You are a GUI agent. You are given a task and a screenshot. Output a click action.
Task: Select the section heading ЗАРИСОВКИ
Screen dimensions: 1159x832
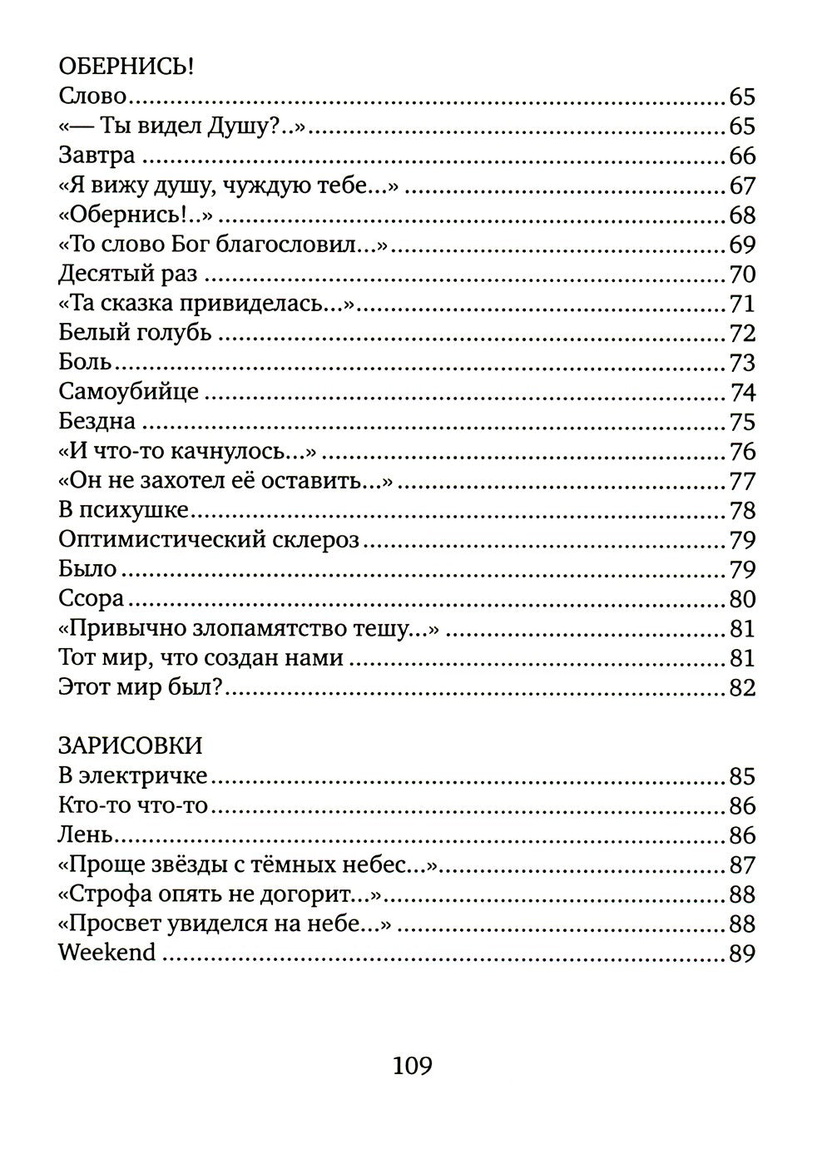pos(131,745)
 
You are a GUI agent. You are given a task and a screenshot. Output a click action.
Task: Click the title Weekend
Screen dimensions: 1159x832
pos(107,952)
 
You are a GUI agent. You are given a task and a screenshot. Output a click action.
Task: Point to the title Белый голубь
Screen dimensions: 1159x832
pos(136,333)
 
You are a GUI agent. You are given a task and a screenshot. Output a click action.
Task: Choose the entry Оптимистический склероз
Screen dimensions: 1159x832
pos(209,540)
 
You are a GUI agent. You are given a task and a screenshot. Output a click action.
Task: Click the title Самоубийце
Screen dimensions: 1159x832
pos(129,391)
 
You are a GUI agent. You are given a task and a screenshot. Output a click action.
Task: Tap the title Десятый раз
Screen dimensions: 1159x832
pos(128,274)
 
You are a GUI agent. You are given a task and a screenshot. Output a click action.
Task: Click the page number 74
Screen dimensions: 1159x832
pos(742,392)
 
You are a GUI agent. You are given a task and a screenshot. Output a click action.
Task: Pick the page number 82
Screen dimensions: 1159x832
pos(741,688)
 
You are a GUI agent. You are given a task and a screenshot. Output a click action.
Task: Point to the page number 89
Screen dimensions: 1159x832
pos(741,953)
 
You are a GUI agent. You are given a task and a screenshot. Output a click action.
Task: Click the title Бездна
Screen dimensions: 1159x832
pos(97,421)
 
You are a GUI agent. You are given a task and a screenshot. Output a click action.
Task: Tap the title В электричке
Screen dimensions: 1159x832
pos(133,775)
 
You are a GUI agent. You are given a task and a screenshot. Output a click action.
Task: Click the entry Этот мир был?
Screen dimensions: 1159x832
pos(144,687)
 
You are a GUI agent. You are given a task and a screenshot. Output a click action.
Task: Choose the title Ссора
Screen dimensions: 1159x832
pos(92,599)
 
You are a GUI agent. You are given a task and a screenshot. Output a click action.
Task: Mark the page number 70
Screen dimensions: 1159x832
pos(741,274)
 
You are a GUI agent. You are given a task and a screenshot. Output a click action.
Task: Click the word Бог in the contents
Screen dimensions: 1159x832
pos(194,245)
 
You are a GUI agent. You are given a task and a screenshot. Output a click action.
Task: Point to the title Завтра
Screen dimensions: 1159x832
pos(97,156)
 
